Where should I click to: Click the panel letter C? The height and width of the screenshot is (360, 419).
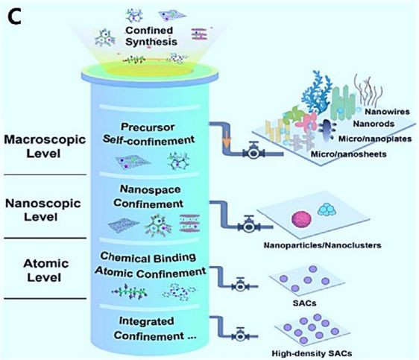(14, 17)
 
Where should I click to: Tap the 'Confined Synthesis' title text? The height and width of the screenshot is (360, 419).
(151, 36)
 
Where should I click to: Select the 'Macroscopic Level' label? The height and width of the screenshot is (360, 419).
(45, 146)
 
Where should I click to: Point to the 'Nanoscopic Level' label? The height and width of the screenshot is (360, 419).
(42, 210)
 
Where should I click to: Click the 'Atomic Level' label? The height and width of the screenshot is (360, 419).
(45, 271)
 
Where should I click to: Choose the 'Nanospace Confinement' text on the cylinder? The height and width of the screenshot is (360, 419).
(148, 197)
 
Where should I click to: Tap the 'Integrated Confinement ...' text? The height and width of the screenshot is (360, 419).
(155, 328)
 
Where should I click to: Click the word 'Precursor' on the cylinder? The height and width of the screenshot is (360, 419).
(148, 127)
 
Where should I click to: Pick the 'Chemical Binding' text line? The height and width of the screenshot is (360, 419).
(148, 258)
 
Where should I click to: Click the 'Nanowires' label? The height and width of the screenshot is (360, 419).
(387, 111)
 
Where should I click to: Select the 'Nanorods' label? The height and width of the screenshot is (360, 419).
(374, 124)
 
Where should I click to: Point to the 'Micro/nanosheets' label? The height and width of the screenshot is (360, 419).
(348, 154)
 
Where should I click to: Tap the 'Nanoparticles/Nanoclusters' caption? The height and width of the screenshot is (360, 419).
(322, 245)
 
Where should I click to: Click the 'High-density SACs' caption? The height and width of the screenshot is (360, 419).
(312, 353)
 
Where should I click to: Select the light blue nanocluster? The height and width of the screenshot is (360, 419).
(327, 209)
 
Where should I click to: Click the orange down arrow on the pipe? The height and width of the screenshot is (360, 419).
(227, 142)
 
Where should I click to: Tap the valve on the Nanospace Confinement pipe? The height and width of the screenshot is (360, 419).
(249, 225)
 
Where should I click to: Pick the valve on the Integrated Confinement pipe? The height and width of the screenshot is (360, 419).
(240, 335)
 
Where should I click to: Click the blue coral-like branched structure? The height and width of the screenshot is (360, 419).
(317, 92)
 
